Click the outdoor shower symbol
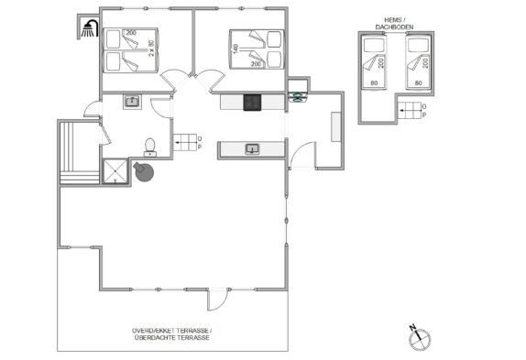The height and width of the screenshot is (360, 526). [x=90, y=28]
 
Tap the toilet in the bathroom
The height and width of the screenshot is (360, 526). [x=150, y=147]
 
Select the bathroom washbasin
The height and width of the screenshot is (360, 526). [x=133, y=102]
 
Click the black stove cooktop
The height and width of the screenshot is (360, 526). [x=252, y=103]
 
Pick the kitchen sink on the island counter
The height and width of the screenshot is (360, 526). [x=252, y=148]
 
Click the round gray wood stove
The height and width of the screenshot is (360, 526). [x=144, y=171]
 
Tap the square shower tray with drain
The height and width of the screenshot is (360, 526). [x=115, y=171]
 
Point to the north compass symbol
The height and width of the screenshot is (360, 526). [x=420, y=337]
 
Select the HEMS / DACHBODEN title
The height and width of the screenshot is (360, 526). [x=394, y=24]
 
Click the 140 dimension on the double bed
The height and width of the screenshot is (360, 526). [x=236, y=49]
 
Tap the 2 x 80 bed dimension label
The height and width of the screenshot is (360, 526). [x=151, y=48]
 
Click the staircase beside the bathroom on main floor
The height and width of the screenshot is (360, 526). [x=185, y=142]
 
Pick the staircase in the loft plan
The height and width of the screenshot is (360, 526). [x=410, y=111]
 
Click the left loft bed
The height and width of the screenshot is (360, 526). [x=374, y=62]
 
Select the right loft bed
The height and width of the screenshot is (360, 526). [x=418, y=62]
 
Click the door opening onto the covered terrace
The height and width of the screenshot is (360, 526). [x=217, y=300]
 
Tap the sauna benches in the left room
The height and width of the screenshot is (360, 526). [x=80, y=153]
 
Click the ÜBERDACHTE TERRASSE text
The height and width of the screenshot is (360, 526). [x=171, y=337]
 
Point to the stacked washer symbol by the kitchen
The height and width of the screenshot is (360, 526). [x=298, y=97]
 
